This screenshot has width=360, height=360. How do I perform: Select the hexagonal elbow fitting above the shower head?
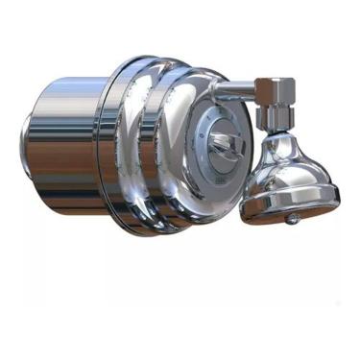click(277, 93)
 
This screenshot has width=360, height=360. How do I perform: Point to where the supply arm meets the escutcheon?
click(213, 90)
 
